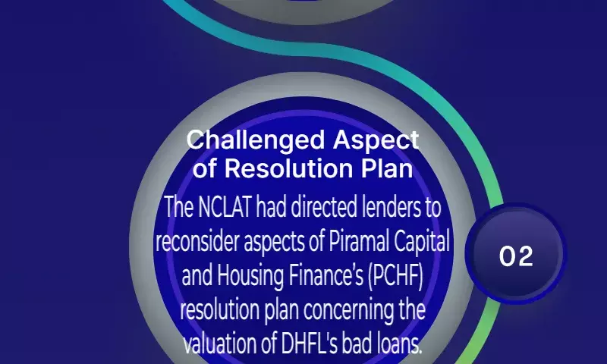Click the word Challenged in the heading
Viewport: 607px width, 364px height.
point(256,141)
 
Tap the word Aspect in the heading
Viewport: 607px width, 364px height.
point(376,141)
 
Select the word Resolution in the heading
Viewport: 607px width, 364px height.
point(289,168)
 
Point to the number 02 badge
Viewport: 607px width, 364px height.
point(516,255)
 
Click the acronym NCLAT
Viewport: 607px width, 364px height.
point(225,207)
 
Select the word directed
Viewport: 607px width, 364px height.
point(324,207)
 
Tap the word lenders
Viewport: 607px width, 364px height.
point(390,207)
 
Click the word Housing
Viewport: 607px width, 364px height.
point(250,276)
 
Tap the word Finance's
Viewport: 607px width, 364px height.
point(326,275)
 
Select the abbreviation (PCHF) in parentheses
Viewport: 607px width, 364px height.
point(395,276)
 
